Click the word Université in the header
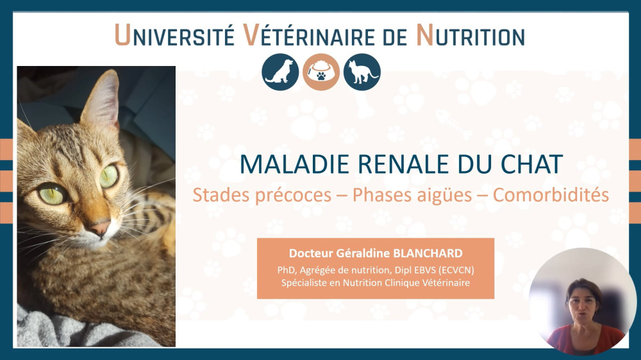coord(174,35)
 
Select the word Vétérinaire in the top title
coord(308,35)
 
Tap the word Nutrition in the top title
coord(470,35)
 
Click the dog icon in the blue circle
coord(280,72)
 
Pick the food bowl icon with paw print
coord(321,72)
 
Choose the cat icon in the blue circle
coord(362,72)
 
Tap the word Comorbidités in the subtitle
coord(551,195)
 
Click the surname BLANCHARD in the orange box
coord(428,254)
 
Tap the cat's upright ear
coord(101,98)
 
